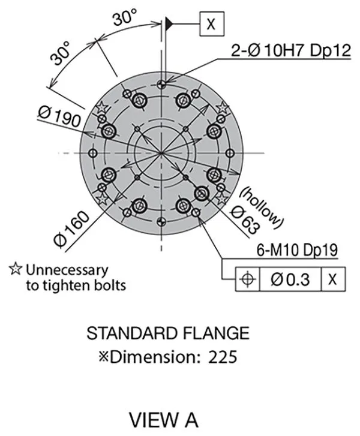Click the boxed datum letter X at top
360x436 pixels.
tap(212, 23)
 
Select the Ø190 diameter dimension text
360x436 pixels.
tap(59, 117)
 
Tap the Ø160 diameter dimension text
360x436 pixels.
tap(72, 229)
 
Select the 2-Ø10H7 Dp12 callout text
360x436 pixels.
tap(291, 50)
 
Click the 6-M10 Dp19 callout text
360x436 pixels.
tap(297, 250)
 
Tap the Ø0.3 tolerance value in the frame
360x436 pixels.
tap(290, 279)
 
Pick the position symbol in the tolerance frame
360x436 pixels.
tap(247, 279)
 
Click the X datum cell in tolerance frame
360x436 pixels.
tap(333, 279)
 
